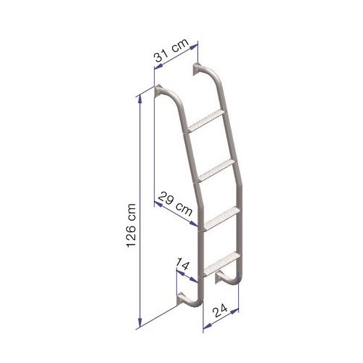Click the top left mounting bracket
tap(159, 93)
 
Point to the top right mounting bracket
tap(197, 70)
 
